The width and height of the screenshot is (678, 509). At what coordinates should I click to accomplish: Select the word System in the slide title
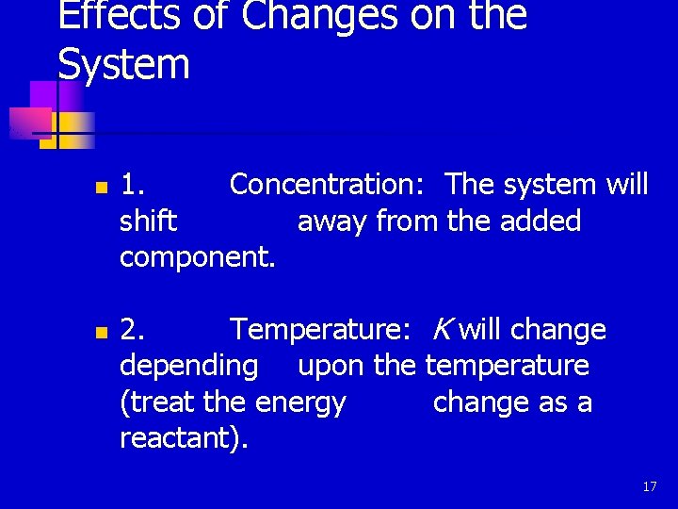[123, 65]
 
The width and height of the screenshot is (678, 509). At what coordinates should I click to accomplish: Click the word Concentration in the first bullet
[332, 185]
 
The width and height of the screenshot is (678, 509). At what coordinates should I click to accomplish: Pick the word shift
[148, 222]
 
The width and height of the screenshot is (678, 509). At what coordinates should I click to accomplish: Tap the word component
[198, 258]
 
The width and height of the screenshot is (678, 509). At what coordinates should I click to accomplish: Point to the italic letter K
[441, 330]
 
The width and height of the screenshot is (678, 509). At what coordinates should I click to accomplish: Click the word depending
[189, 366]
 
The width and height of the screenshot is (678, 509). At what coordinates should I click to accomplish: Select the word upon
[331, 366]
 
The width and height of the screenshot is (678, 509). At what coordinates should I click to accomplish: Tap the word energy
[300, 402]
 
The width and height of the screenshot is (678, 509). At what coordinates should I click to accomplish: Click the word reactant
[181, 438]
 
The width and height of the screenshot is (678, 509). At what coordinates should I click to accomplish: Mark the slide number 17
[649, 486]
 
